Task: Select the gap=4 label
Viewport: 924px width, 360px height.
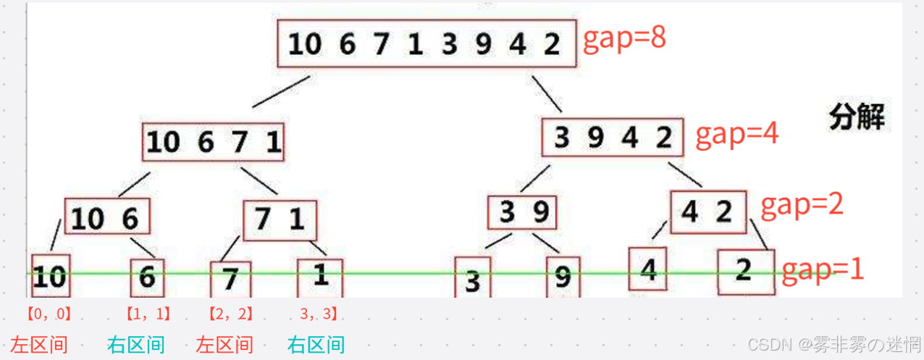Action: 736,135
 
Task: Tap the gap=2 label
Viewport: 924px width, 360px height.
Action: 802,206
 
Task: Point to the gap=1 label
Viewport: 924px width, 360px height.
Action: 824,269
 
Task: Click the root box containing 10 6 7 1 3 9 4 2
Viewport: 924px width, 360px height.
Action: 427,44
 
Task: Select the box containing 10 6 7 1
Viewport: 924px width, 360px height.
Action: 213,142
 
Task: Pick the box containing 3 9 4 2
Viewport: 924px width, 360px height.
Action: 613,138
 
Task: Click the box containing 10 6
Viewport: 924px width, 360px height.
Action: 108,217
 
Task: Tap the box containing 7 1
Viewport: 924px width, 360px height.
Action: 280,219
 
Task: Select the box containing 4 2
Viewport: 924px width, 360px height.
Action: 707,212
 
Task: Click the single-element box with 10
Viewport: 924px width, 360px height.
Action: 51,275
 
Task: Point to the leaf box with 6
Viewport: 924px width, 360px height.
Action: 147,277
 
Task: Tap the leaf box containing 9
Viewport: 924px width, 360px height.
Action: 563,277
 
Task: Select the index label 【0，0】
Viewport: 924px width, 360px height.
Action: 48,314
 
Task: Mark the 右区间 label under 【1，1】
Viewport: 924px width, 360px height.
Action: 136,345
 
